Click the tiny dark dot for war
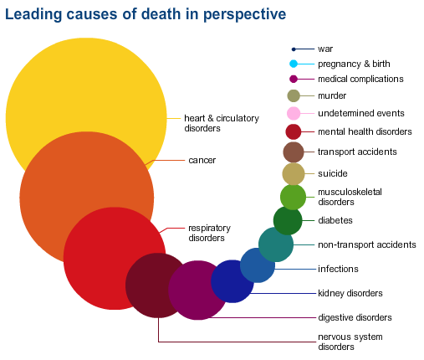[x=294, y=49]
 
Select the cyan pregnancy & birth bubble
[x=294, y=64]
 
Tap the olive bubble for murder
[x=294, y=96]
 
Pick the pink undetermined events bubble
[x=294, y=113]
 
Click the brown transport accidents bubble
[x=294, y=152]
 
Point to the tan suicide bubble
[x=294, y=174]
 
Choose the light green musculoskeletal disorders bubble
[x=293, y=198]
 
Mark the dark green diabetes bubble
[x=288, y=220]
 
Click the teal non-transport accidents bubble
[x=276, y=244]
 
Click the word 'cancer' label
[x=202, y=160]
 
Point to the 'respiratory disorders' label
[x=210, y=233]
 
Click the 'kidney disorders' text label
[x=350, y=293]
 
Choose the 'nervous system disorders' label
[x=350, y=342]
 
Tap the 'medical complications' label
[x=360, y=79]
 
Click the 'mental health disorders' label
[x=365, y=131]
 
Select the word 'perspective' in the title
[x=244, y=14]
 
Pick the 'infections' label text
[x=338, y=269]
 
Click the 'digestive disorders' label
[x=355, y=317]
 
